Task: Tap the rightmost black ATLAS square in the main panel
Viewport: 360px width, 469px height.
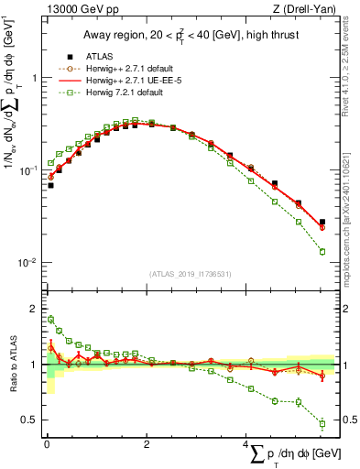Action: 322,223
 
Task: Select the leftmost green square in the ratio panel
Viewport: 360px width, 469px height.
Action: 51,320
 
